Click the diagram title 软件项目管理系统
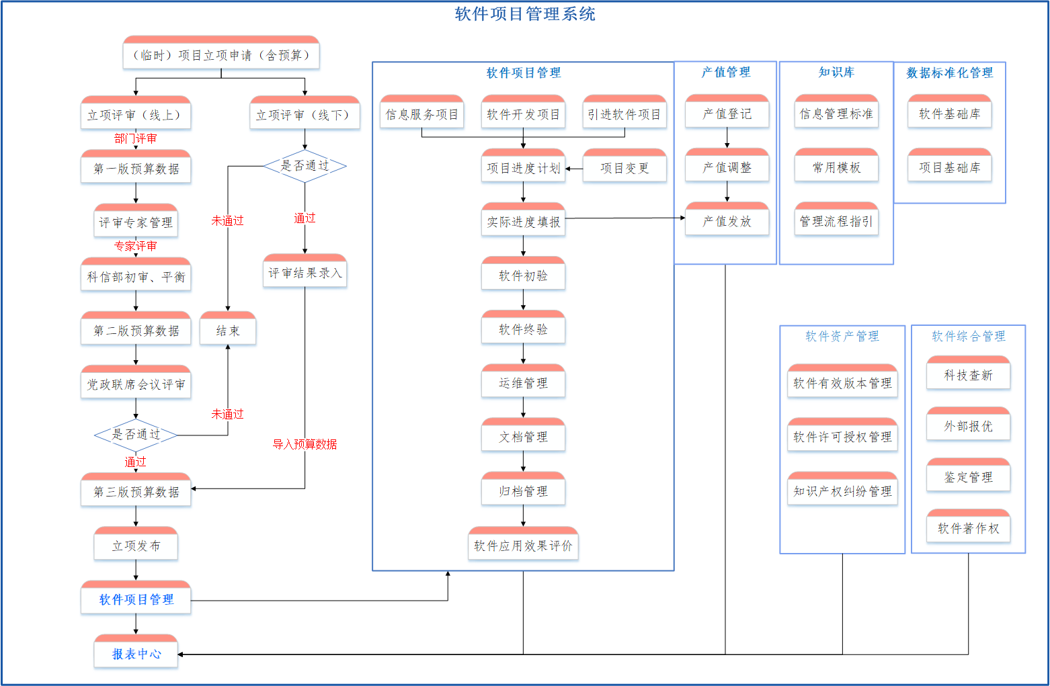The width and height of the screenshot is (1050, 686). pos(525,14)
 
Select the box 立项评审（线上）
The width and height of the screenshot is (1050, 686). pos(136,112)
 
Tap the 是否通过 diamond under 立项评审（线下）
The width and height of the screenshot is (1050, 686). pos(305,166)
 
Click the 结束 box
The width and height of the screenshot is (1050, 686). pos(228,329)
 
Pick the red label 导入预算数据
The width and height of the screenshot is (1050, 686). pos(305,444)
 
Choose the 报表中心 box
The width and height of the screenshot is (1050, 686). pos(136,651)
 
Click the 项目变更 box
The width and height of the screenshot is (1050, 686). pos(624,166)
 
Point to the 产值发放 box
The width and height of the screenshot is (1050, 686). pos(727,219)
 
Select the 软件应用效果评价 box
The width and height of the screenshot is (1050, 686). pos(523,544)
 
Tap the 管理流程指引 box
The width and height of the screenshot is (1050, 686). pos(837,219)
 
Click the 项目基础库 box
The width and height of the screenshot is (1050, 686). pos(950,165)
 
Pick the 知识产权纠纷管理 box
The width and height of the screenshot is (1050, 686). pos(843,488)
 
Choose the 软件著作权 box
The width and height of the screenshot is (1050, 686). pos(969,526)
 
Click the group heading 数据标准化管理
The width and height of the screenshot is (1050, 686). pos(950,73)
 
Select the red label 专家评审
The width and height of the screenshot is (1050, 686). pos(136,246)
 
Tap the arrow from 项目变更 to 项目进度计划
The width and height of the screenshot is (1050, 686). pos(574,169)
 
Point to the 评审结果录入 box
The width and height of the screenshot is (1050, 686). pos(305,271)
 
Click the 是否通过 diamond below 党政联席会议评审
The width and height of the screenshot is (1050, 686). pos(136,435)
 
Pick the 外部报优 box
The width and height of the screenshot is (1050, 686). pos(969,424)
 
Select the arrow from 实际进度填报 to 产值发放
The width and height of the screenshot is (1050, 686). pos(625,218)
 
